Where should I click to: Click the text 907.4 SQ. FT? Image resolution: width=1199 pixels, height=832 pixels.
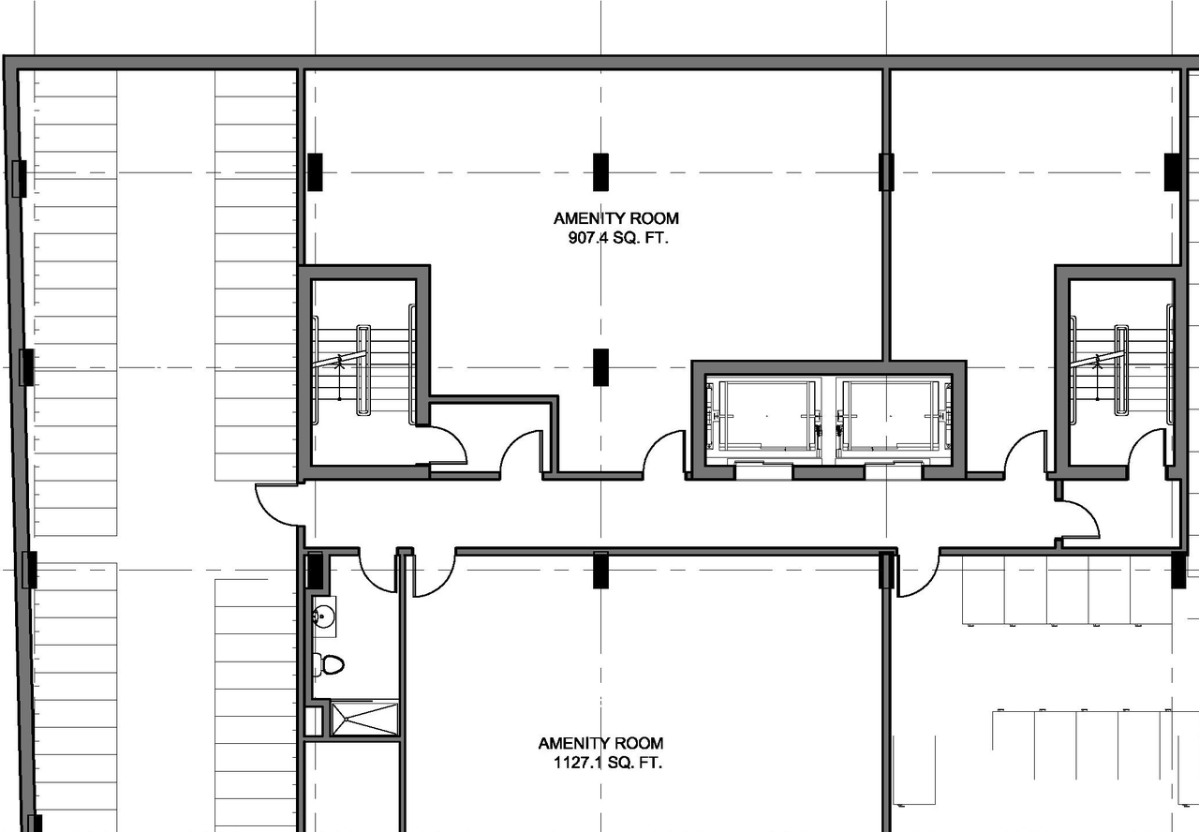(615, 238)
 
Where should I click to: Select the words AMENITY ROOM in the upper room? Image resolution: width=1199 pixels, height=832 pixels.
(615, 218)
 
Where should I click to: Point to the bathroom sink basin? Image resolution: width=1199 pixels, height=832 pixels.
(324, 617)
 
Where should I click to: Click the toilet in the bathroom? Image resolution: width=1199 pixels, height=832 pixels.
(328, 664)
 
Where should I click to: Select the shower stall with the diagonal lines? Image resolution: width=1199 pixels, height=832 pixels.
(364, 718)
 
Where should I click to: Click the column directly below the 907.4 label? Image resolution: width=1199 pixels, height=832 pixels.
(600, 366)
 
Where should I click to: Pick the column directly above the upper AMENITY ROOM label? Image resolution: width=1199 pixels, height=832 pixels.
(600, 171)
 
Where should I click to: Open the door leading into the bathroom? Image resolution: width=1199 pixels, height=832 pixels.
(378, 572)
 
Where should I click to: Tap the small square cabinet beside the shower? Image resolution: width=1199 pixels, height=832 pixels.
(314, 721)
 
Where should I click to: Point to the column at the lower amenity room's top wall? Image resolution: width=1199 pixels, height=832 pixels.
(600, 570)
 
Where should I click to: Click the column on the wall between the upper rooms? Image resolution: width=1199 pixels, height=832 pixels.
(886, 171)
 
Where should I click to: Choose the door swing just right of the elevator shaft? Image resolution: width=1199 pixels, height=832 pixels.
(1025, 453)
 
